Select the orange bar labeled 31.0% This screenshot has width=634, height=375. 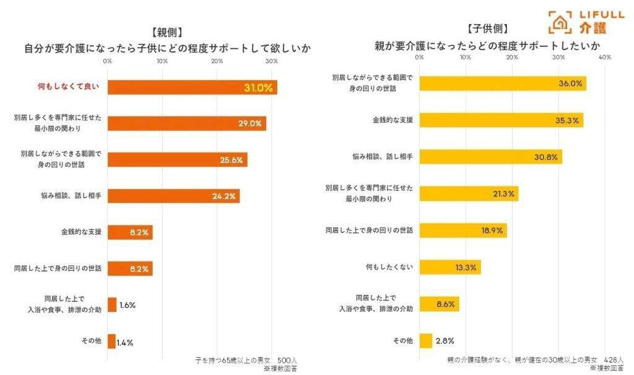pos(192,87)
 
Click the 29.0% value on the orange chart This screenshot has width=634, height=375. pos(250,123)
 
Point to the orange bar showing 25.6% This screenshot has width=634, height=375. pos(177,160)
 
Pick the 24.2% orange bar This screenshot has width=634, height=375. pos(173,196)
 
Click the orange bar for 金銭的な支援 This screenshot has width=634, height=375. pos(130,233)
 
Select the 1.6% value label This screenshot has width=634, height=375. pos(128,306)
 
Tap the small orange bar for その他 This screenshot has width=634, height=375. pos(111,342)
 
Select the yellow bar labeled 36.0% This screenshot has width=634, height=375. pos(502,84)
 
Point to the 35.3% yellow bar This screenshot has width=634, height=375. pos(501,120)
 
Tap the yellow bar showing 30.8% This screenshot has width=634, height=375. pos(490,157)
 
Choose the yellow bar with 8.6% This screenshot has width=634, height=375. pos(439,304)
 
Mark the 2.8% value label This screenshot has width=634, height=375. pos(445,341)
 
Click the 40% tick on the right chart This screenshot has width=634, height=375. pos(605,57)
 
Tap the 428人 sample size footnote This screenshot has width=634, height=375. pos(614,360)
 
